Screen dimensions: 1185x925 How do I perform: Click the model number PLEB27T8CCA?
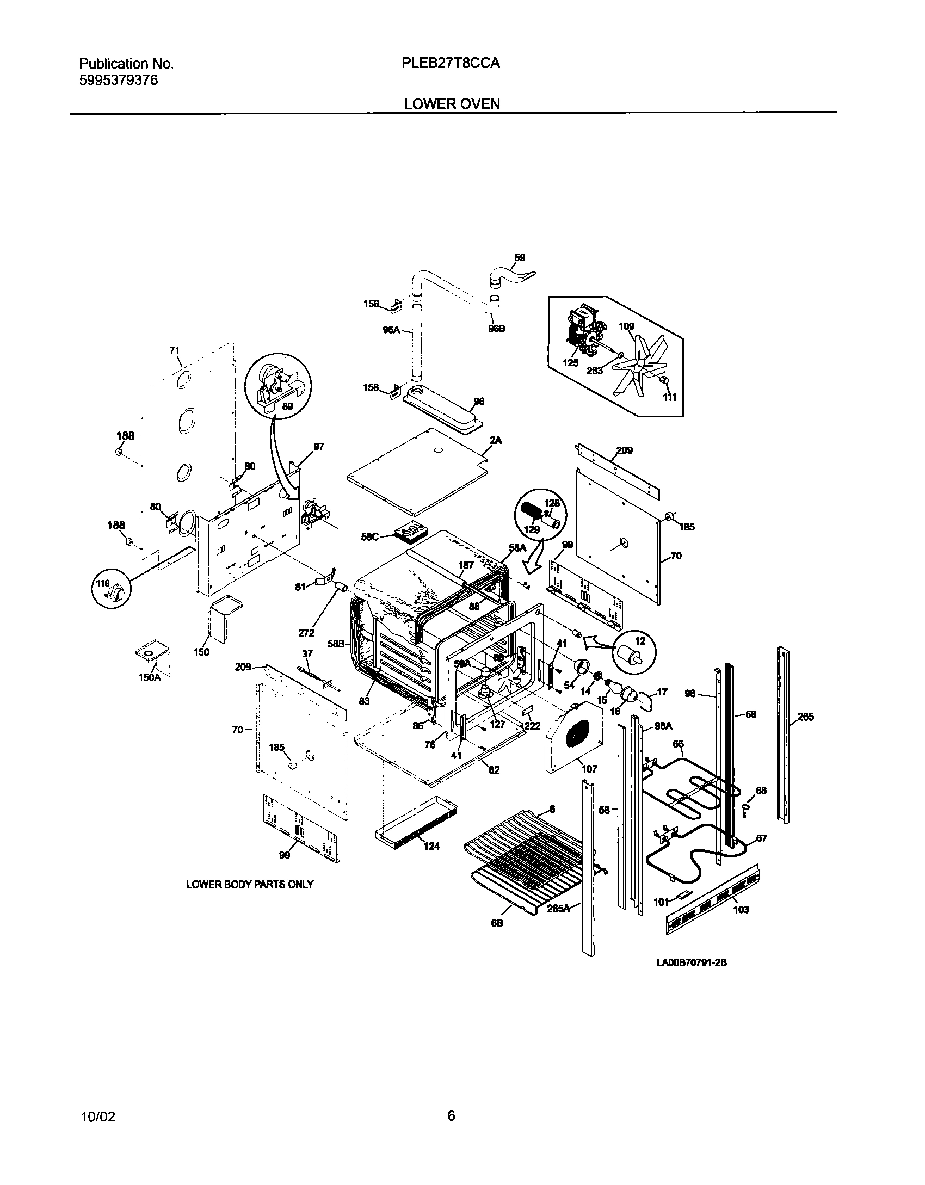pos(451,64)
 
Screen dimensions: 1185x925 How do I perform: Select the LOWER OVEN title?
pos(452,104)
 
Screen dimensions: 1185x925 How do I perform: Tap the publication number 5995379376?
pos(119,81)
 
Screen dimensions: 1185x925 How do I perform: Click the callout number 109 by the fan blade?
pos(627,326)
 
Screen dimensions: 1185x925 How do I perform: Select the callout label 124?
pos(431,846)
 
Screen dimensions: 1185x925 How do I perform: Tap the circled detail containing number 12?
pos(634,652)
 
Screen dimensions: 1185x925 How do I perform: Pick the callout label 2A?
pos(495,441)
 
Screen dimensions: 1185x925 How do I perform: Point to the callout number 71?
pos(174,350)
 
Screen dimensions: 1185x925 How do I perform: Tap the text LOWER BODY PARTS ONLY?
pos(250,884)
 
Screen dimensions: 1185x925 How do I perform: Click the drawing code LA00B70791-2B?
pos(692,962)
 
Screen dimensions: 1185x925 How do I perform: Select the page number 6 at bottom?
pos(451,1116)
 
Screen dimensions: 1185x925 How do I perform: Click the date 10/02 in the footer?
pos(97,1117)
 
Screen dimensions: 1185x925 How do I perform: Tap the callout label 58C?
pos(369,536)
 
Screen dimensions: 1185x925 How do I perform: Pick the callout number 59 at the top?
pos(520,257)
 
